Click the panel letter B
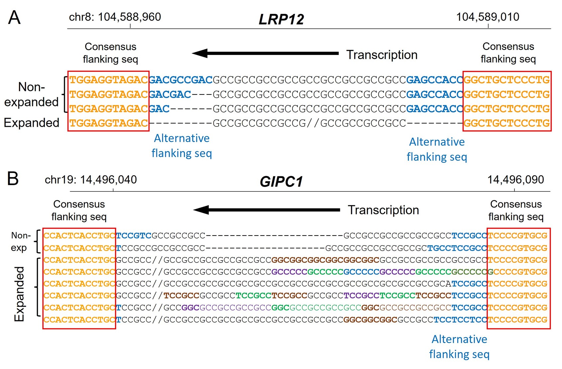[x=13, y=179]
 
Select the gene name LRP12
[x=281, y=19]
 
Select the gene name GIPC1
[x=281, y=182]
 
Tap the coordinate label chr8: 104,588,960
[x=115, y=17]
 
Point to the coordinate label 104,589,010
[x=488, y=17]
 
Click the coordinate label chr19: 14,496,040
[x=91, y=180]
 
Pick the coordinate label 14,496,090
[x=515, y=180]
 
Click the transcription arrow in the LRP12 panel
[x=265, y=53]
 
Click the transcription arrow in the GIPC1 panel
[x=267, y=210]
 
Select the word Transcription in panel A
[x=382, y=55]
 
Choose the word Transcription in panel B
[x=383, y=210]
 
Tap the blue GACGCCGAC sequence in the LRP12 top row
[x=181, y=80]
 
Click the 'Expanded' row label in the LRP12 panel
[x=32, y=123]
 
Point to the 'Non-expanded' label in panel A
[x=31, y=94]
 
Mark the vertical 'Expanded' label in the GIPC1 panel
[x=19, y=294]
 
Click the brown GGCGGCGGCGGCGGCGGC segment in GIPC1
[x=325, y=260]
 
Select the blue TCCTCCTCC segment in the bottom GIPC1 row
[x=460, y=320]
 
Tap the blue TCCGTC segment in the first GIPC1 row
[x=134, y=236]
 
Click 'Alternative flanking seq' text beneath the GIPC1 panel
[x=459, y=346]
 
